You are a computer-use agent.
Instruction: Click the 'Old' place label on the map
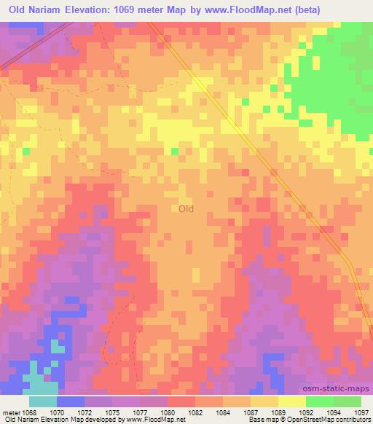(x=186, y=209)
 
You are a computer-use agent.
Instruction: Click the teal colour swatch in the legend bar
(x=42, y=401)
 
